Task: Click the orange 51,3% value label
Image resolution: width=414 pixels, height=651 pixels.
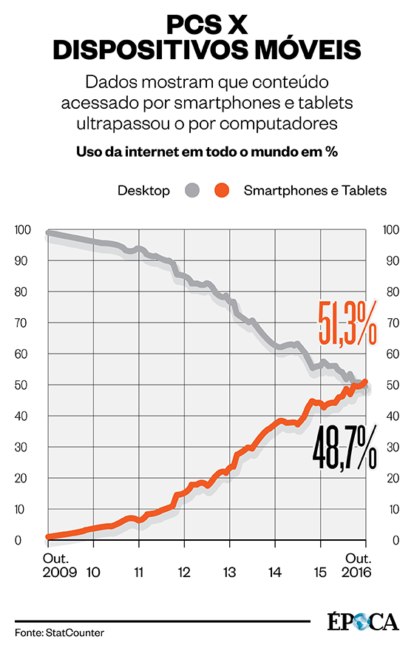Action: coord(348,323)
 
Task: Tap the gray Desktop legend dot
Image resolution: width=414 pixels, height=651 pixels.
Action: coord(192,191)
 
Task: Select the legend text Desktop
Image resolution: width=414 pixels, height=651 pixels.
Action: coord(143,191)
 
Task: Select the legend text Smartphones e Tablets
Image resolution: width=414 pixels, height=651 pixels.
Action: coord(315,191)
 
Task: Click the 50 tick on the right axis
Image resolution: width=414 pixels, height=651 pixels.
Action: coord(389,385)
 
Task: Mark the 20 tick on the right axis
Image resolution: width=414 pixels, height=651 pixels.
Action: coord(389,479)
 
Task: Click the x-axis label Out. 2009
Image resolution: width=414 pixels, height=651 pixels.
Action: coord(58,565)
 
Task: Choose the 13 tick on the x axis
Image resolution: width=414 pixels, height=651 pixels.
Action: coord(230,572)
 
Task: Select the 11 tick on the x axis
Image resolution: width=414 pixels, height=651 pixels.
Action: coord(138,572)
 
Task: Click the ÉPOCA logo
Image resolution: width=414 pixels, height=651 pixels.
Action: coord(362,621)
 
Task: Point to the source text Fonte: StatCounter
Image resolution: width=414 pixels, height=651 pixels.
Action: coord(59,633)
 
